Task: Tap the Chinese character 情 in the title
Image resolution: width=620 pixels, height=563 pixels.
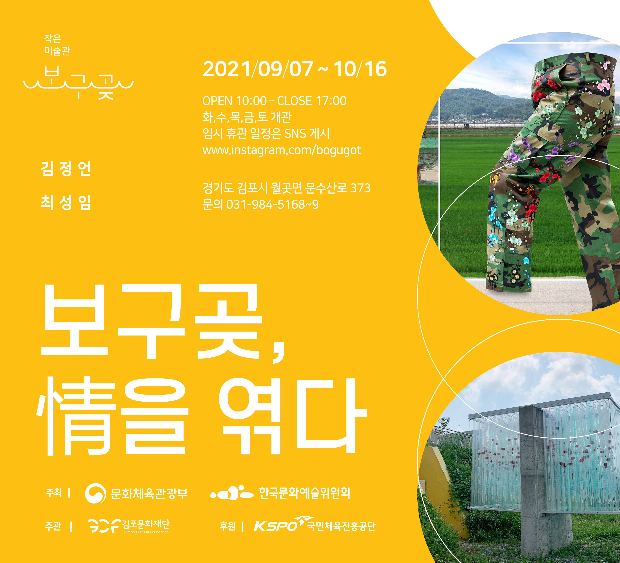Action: point(76,416)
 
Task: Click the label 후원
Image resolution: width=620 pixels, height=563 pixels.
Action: point(228,526)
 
